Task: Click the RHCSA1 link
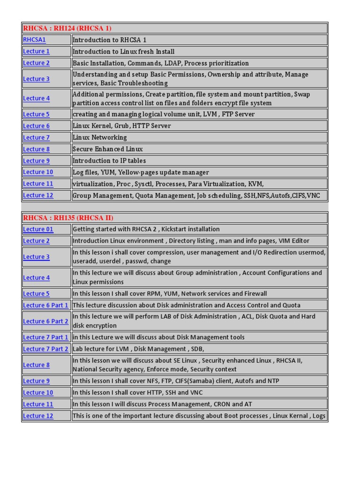[34, 40]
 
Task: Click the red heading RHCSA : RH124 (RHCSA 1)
[67, 29]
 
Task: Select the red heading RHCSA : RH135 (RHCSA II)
[68, 218]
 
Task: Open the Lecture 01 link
[38, 229]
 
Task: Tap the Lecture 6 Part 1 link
[45, 305]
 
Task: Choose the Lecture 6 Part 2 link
[45, 321]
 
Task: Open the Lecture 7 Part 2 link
[45, 349]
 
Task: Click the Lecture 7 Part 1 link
[45, 337]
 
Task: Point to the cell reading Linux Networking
[99, 137]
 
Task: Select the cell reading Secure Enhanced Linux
[107, 149]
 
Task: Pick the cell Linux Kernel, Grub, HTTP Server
[121, 126]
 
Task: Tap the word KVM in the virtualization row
[262, 184]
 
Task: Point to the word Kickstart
[176, 229]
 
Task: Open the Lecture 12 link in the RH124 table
[38, 195]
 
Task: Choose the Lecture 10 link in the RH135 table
[38, 392]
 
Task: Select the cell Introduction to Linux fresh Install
[123, 52]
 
